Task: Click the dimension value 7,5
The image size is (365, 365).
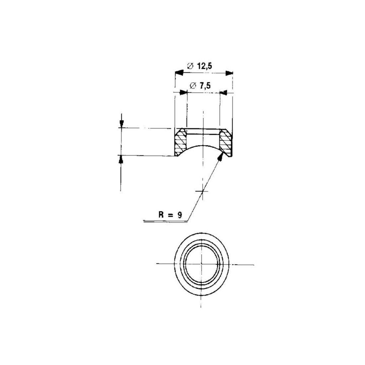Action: (205, 86)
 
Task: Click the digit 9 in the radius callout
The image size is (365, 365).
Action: (179, 215)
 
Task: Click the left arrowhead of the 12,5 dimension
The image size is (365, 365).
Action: (179, 73)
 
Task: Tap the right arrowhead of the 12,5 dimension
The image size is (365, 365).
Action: (229, 73)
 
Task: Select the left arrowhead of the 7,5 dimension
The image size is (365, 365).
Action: (183, 93)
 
